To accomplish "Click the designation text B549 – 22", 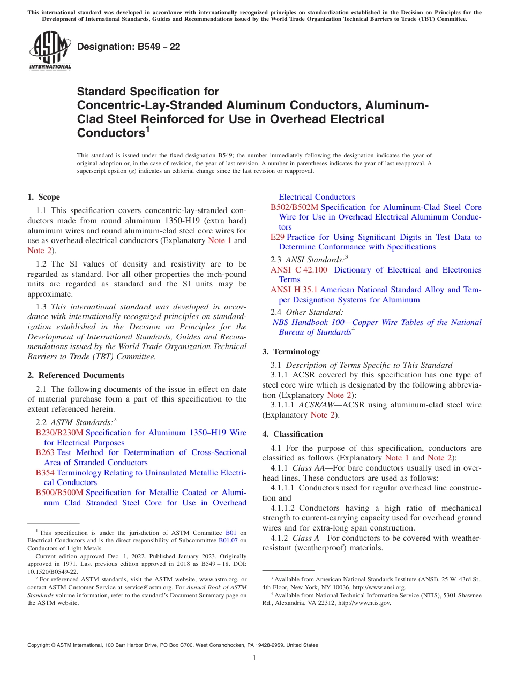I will pos(129,47).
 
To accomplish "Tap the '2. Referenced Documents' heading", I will pos(76,375).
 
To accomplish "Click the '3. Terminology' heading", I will pos(291,352).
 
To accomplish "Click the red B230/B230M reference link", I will pos(59,433).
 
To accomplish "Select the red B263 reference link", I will pos(44,452).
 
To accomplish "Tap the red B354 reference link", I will pos(44,473).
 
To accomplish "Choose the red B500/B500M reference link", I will pos(59,493).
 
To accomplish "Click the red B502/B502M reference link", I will pos(294,207).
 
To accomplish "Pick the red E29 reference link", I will pos(277,237).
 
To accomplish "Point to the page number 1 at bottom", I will pos(254,657).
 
